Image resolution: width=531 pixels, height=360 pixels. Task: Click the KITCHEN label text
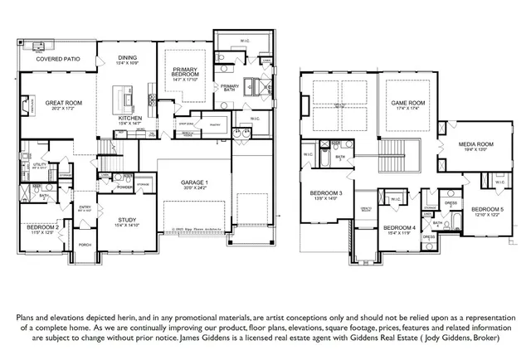tap(129, 119)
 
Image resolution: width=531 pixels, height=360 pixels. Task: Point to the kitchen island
tap(129, 100)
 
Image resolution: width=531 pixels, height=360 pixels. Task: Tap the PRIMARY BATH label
tap(230, 87)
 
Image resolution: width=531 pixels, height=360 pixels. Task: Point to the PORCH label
tap(85, 245)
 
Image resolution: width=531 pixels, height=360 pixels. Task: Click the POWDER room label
tap(125, 187)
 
